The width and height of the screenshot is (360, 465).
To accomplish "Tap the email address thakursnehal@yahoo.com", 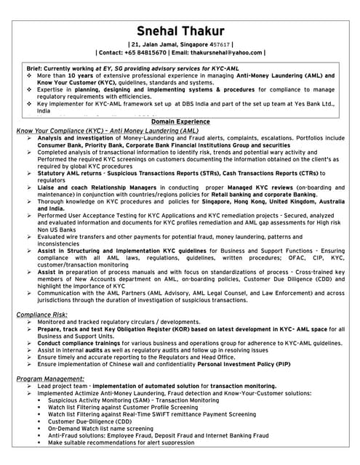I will (x=227, y=52).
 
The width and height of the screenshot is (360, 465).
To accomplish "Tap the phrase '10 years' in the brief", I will (x=80, y=76).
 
